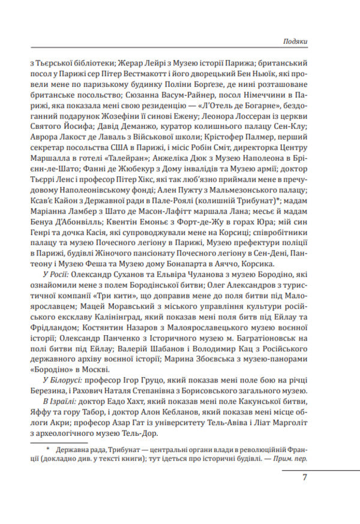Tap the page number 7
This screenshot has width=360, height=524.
(305, 477)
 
